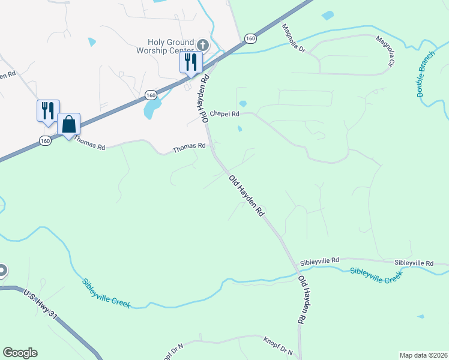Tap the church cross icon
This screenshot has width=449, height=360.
pyautogui.click(x=203, y=45)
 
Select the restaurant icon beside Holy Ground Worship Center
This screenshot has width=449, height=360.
pyautogui.click(x=191, y=62)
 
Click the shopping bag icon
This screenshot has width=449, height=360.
pyautogui.click(x=69, y=125)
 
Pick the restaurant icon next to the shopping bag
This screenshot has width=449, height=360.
pyautogui.click(x=48, y=111)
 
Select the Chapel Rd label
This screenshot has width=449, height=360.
pyautogui.click(x=224, y=113)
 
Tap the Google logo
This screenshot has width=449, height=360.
pyautogui.click(x=20, y=353)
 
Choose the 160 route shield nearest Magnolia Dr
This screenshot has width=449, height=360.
pyautogui.click(x=250, y=39)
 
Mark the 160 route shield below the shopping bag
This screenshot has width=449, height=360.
pyautogui.click(x=45, y=140)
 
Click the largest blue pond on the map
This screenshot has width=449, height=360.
pyautogui.click(x=152, y=109)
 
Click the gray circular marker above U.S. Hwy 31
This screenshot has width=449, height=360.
pyautogui.click(x=2, y=271)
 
